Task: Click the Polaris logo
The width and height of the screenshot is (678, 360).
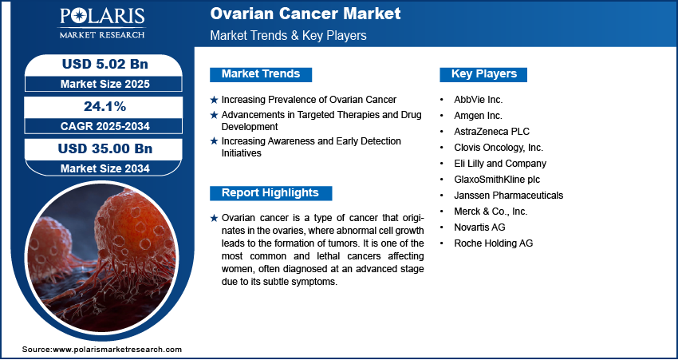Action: pos(102,22)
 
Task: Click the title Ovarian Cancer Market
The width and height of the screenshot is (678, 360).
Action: pos(305,14)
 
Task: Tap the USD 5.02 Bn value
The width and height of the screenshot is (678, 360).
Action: pos(105,64)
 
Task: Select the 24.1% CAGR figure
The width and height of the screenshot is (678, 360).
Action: pos(105,106)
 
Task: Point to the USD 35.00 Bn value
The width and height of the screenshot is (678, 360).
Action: pos(105,148)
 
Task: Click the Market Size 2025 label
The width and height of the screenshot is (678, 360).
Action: pos(105,84)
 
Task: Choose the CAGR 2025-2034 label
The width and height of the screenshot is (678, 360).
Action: pos(105,126)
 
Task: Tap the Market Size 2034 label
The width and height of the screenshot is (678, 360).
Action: pos(105,168)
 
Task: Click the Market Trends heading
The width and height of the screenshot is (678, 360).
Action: pos(261,74)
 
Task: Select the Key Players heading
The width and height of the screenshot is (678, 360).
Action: pos(483,74)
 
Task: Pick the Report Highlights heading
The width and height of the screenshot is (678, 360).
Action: pos(270,193)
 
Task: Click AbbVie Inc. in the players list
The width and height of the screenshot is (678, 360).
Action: pos(479,100)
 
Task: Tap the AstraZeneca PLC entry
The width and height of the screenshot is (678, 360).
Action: pos(491,132)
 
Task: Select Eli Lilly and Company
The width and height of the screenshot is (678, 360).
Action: pos(500,164)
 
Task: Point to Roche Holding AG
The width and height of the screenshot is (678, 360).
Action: pos(494,243)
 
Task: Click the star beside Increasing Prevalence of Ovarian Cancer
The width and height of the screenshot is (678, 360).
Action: pos(214,100)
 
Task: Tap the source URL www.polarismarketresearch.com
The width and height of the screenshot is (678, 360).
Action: pos(117,350)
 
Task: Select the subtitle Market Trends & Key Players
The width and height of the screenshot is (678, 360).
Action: pos(289,35)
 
